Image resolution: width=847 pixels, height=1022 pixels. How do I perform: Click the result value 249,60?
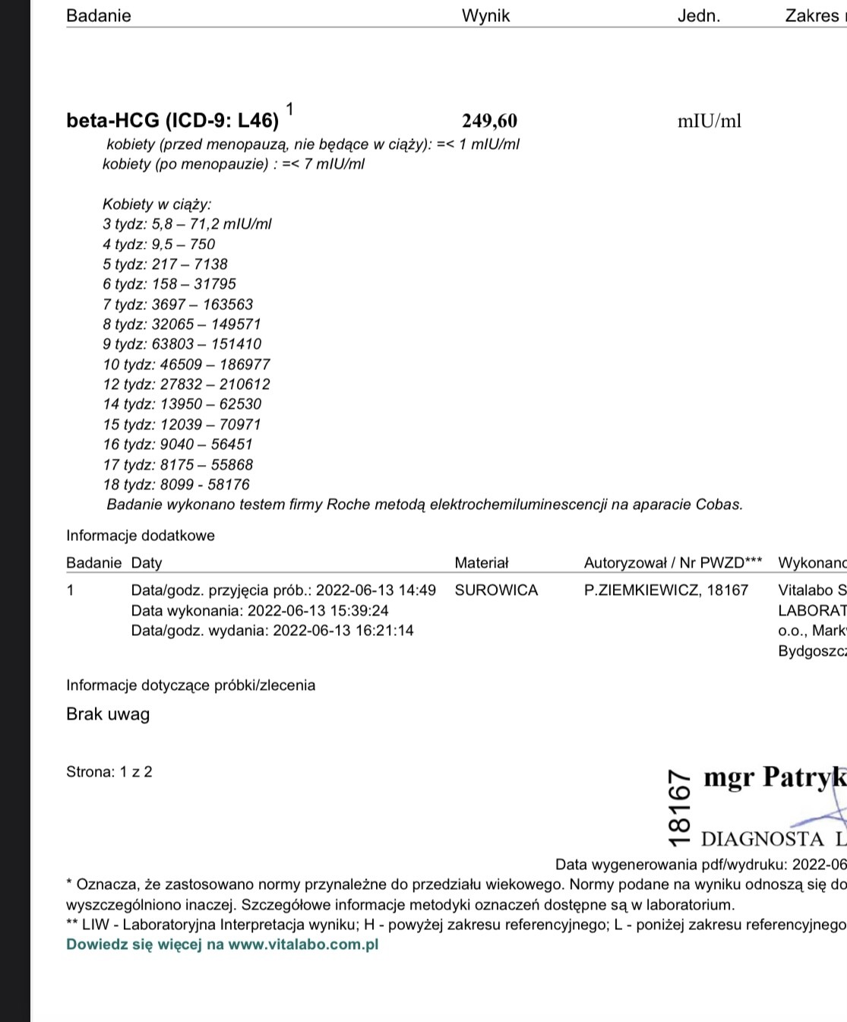pos(489,121)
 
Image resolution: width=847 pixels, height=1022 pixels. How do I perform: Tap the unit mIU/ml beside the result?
pos(709,121)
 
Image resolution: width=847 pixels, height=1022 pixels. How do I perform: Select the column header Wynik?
pos(485,16)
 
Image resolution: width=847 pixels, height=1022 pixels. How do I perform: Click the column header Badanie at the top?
pos(99,16)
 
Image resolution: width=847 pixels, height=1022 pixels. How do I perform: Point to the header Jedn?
pos(698,16)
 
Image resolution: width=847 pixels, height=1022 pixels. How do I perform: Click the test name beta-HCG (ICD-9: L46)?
pos(172,121)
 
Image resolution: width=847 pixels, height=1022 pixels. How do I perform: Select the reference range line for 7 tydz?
pos(178,304)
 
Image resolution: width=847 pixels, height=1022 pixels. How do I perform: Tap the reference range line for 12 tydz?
pos(186,384)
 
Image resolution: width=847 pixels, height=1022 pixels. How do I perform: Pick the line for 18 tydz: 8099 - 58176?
pos(176,485)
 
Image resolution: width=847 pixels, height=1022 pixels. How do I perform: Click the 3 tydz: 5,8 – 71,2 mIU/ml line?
pos(187,224)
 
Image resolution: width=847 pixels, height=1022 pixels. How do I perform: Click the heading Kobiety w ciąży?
pos(157,204)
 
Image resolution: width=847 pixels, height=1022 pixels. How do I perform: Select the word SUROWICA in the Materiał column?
pos(496,590)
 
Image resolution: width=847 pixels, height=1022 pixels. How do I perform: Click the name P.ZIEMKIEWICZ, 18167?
pos(666,590)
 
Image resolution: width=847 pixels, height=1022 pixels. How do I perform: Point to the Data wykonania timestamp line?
pos(260,610)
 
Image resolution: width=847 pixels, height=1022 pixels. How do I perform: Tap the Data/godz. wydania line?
pos(272,631)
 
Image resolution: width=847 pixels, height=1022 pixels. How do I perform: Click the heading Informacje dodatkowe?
pos(141,536)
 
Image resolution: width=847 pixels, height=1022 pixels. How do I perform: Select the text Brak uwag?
pos(108,714)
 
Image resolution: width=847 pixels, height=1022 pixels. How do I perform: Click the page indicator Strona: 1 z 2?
pos(109,772)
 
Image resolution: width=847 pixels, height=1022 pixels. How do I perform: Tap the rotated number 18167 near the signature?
pos(680,807)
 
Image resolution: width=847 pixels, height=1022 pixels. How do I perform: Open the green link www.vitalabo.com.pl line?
pos(222,944)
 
